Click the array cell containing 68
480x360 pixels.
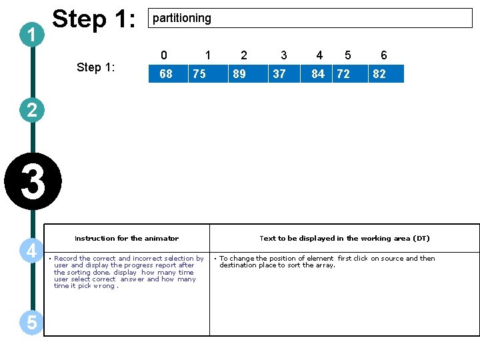pyautogui.click(x=168, y=73)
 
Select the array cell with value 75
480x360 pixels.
pyautogui.click(x=208, y=73)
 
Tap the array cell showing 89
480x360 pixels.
pyautogui.click(x=248, y=73)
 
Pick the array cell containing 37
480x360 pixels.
pyautogui.click(x=284, y=73)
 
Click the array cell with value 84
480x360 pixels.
pyautogui.click(x=316, y=73)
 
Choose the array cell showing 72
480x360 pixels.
pyautogui.click(x=350, y=73)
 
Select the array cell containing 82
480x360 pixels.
pyautogui.click(x=386, y=73)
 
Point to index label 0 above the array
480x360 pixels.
pyautogui.click(x=164, y=55)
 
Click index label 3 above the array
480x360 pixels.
pyautogui.click(x=284, y=55)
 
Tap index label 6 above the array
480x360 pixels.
pyautogui.click(x=384, y=55)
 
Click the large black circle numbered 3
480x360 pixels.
pyautogui.click(x=33, y=181)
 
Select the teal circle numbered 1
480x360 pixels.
pyautogui.click(x=32, y=35)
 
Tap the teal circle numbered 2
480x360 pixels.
pyautogui.click(x=32, y=110)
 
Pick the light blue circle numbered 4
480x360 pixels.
pyautogui.click(x=31, y=251)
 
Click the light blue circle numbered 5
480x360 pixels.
pyautogui.click(x=31, y=323)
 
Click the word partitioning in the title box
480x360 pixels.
pyautogui.click(x=182, y=19)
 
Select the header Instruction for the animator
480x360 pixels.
pyautogui.click(x=127, y=238)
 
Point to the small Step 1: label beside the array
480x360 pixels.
pyautogui.click(x=96, y=67)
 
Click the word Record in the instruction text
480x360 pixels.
pyautogui.click(x=65, y=259)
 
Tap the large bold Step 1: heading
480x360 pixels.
pyautogui.click(x=94, y=19)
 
